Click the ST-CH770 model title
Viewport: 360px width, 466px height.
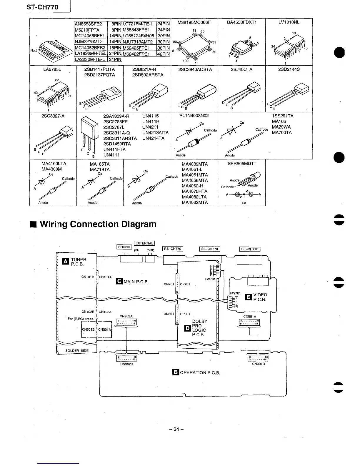42,7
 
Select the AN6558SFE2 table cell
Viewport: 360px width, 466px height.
88,24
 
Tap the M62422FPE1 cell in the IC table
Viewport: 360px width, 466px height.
136,54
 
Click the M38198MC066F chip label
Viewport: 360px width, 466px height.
194,22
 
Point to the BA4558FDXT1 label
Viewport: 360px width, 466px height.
241,22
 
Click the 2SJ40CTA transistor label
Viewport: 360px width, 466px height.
241,69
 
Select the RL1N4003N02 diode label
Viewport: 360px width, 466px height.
194,116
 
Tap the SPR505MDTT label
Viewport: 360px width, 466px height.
242,164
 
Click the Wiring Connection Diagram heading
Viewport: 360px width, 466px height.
98,224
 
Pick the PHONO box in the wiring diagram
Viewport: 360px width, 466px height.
124,247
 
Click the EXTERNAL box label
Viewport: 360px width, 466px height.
144,243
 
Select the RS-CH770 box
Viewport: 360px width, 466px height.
173,249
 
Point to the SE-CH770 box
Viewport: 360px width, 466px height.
250,249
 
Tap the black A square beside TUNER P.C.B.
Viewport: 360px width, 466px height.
65,262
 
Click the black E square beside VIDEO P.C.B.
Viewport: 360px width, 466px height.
248,297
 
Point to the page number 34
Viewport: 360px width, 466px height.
176,429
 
